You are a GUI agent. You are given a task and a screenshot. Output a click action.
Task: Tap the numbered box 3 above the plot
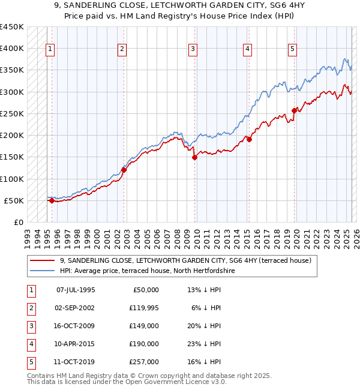click(x=193, y=49)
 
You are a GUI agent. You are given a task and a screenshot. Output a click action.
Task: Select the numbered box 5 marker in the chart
click(x=292, y=49)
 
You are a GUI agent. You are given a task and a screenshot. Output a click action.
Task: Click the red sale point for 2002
click(x=124, y=170)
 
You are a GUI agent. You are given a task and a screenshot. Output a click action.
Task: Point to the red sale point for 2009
click(x=194, y=158)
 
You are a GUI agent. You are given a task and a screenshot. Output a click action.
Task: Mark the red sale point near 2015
click(x=249, y=140)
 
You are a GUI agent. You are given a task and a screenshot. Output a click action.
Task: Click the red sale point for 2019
click(x=294, y=110)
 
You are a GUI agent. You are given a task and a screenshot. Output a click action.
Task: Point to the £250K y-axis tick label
click(x=12, y=113)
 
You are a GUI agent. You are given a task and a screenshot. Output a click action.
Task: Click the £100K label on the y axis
click(x=12, y=179)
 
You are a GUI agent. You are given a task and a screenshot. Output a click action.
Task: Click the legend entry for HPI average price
click(x=147, y=271)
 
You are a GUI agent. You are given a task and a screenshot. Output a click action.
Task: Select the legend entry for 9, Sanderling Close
click(x=185, y=261)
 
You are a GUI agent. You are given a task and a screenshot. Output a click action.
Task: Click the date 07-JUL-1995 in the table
click(x=76, y=290)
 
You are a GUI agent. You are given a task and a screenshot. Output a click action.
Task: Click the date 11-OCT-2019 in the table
click(x=76, y=362)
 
